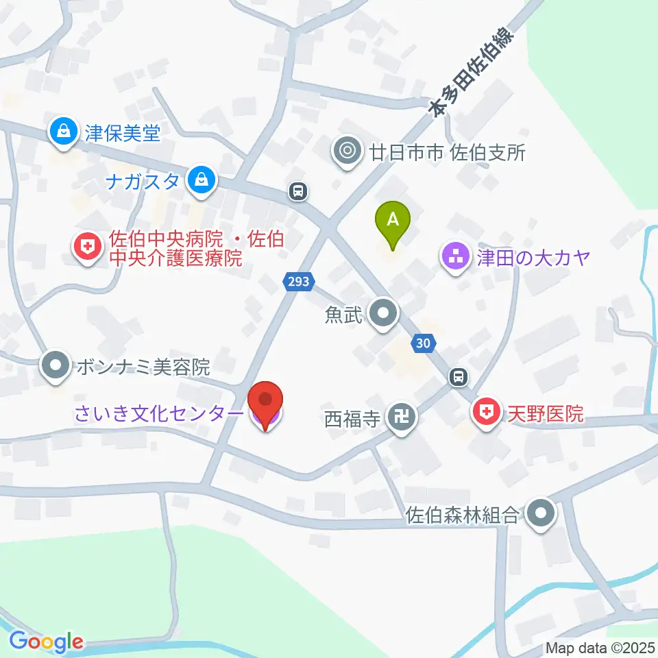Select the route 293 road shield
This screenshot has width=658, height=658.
point(299,280)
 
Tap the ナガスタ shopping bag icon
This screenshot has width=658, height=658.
point(201,182)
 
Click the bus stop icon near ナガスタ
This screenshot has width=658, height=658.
point(297,191)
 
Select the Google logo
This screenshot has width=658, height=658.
point(47,642)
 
